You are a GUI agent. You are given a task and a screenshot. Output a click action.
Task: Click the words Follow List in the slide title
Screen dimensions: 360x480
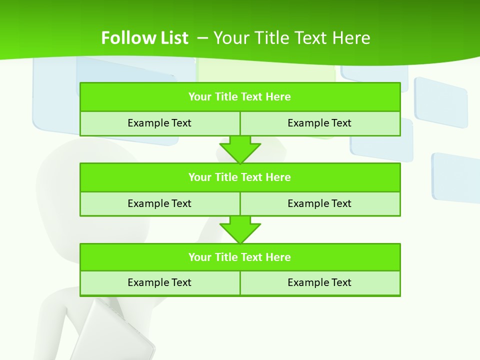tap(144, 38)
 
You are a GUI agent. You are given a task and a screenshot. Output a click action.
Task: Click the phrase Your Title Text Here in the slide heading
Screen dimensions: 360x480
tap(292, 38)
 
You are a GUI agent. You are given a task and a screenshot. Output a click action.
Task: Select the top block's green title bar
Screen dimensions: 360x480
tap(240, 97)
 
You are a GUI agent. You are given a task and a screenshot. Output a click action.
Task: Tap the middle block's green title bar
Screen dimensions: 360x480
tap(240, 177)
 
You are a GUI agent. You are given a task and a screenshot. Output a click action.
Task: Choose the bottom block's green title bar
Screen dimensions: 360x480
tap(240, 257)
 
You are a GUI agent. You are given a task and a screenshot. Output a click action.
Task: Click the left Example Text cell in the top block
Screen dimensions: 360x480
tap(159, 123)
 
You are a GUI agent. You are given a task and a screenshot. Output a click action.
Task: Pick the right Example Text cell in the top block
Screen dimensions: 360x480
tap(319, 123)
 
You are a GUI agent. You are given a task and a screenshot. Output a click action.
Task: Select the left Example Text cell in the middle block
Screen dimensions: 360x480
tap(159, 203)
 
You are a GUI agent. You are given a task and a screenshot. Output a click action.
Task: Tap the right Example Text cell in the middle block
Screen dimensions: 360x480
tap(319, 203)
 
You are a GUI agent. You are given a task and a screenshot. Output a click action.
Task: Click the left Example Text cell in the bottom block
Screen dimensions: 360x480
tap(159, 282)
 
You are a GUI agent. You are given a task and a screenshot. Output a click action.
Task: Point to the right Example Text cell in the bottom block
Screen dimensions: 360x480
tap(319, 282)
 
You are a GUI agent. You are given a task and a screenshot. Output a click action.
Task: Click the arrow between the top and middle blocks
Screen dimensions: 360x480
tap(240, 149)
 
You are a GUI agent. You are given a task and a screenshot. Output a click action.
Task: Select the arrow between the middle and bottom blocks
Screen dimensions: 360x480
tap(240, 229)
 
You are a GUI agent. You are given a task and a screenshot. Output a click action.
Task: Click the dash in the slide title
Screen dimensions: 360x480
tap(202, 37)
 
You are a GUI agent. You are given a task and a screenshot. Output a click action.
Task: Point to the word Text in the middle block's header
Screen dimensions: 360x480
tap(252, 177)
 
